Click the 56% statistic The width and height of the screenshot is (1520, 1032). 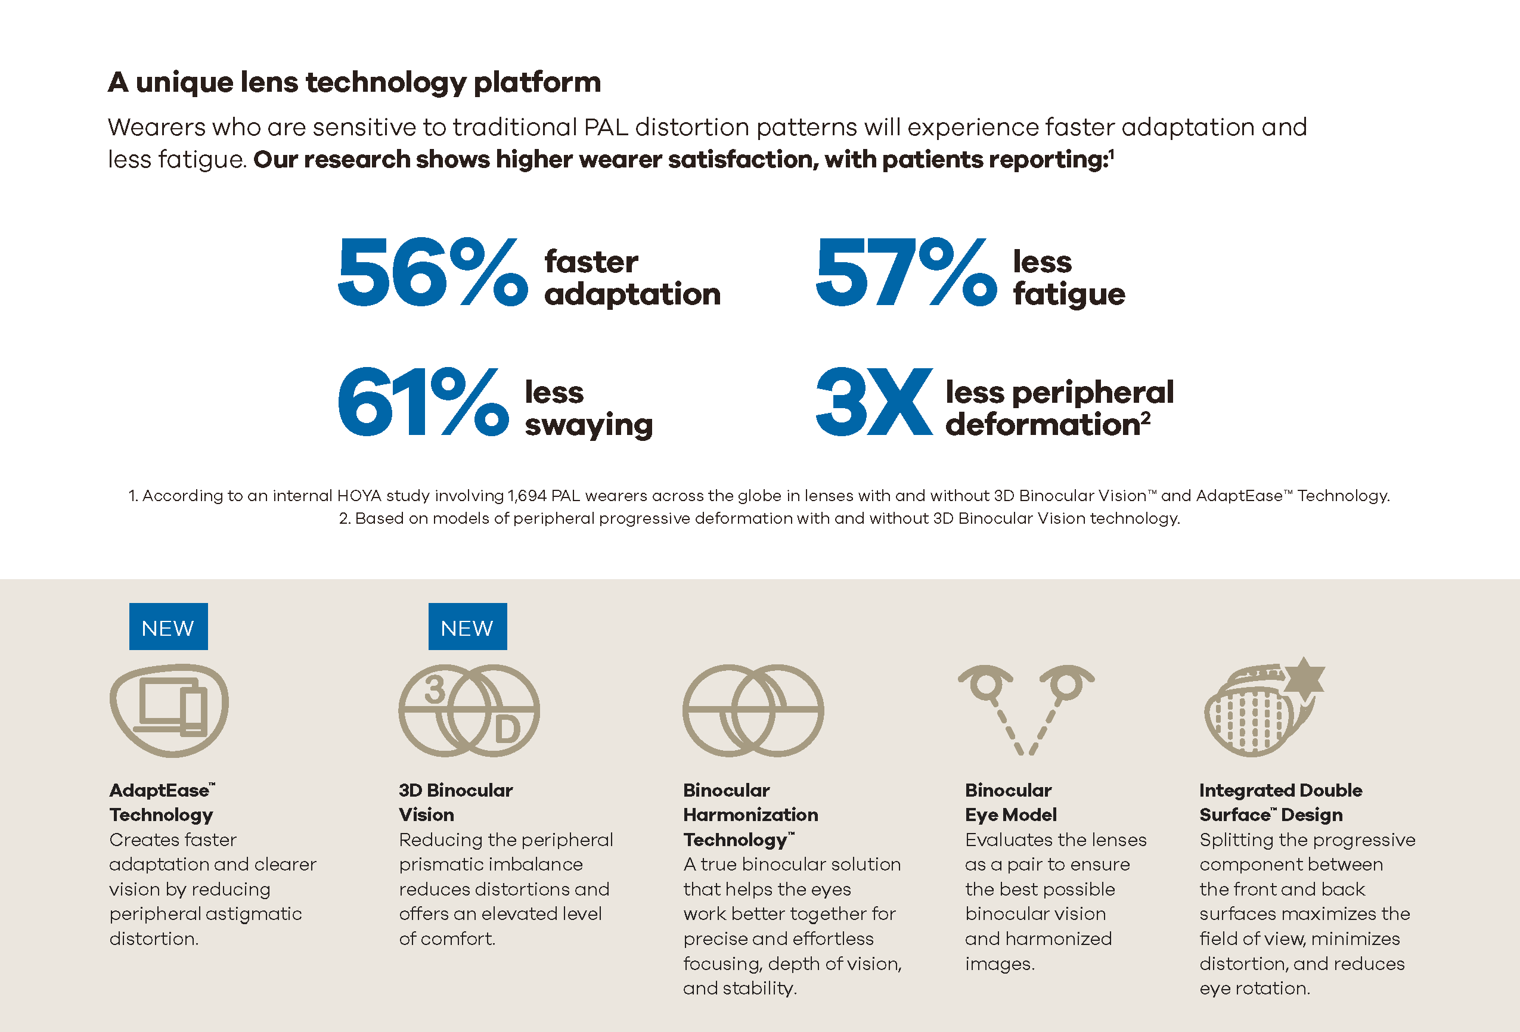pyautogui.click(x=432, y=272)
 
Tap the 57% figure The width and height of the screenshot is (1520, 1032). pyautogui.click(x=906, y=272)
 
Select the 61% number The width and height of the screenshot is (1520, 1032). pyautogui.click(x=423, y=402)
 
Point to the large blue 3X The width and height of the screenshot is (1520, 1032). pyautogui.click(x=874, y=402)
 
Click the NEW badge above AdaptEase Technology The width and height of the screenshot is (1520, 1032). pyautogui.click(x=168, y=626)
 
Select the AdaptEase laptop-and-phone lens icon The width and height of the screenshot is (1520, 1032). pyautogui.click(x=169, y=710)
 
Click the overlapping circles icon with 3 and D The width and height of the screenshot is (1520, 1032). pyautogui.click(x=469, y=710)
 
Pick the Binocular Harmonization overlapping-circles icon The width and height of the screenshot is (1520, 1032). pyautogui.click(x=753, y=710)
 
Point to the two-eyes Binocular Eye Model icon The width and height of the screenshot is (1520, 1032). pyautogui.click(x=1025, y=710)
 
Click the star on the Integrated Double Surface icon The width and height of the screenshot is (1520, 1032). pyautogui.click(x=1304, y=677)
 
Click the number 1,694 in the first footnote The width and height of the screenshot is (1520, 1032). pyautogui.click(x=526, y=496)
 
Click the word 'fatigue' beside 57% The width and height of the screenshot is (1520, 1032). pyautogui.click(x=1069, y=294)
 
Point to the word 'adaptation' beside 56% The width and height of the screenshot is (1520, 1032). pyautogui.click(x=632, y=294)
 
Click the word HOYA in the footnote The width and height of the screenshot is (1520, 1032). pyautogui.click(x=359, y=496)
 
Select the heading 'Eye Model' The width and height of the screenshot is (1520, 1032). pyautogui.click(x=1010, y=815)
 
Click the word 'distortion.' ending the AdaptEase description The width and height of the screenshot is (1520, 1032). pyautogui.click(x=154, y=938)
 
